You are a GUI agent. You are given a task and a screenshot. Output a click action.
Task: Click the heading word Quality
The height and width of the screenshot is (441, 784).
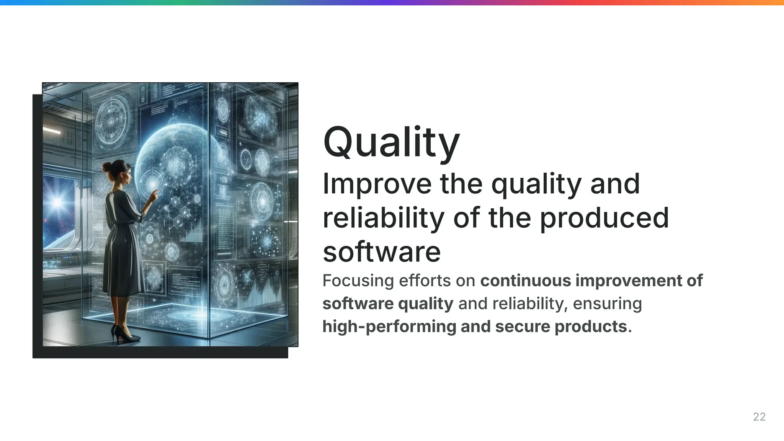(391, 142)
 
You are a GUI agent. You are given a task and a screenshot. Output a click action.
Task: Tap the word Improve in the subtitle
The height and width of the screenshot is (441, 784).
(377, 184)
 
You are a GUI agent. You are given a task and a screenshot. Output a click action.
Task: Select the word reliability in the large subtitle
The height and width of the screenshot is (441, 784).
(383, 218)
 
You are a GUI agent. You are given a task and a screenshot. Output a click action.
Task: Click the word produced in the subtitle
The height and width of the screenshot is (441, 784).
(604, 218)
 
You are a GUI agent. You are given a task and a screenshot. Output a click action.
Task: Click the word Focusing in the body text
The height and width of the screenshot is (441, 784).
(358, 281)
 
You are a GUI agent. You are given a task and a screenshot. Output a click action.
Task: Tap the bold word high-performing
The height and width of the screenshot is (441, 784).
(389, 327)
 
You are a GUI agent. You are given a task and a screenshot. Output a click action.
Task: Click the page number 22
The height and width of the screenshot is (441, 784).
(759, 417)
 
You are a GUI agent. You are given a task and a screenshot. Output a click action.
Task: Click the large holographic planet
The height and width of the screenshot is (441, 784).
(172, 153)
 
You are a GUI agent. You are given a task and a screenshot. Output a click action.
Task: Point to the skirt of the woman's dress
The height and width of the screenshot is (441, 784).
(123, 260)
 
